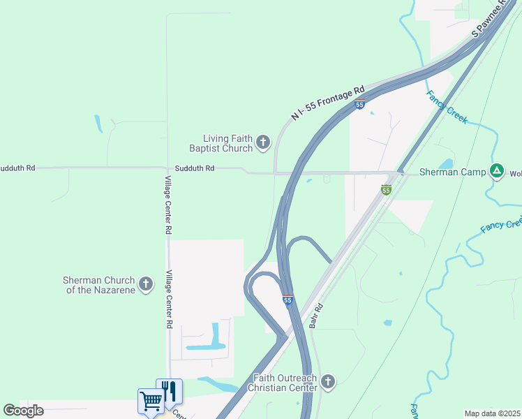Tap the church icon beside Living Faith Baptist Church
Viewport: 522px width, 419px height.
(263, 143)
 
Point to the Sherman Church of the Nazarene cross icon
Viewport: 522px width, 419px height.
(145, 284)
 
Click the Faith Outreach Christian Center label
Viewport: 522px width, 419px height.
(285, 383)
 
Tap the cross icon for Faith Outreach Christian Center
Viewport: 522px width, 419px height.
(328, 382)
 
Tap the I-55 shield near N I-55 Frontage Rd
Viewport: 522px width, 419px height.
(359, 105)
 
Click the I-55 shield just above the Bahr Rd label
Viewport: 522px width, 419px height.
(288, 300)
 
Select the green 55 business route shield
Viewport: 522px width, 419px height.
(386, 189)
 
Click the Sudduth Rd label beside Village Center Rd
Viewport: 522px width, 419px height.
(195, 168)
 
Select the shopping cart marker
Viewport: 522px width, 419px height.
(151, 401)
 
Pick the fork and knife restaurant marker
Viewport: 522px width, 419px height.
(170, 391)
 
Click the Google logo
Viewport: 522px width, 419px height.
(23, 411)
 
